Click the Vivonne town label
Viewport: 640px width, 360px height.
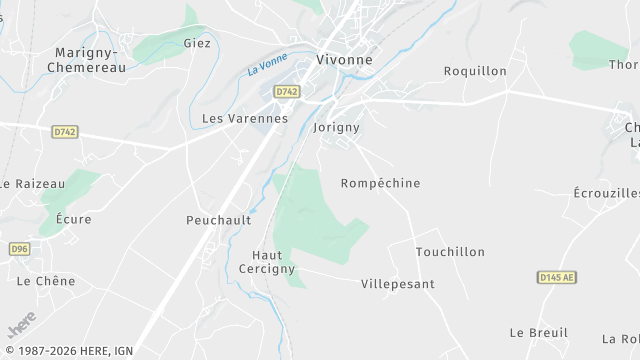344,59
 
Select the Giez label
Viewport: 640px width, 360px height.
197,43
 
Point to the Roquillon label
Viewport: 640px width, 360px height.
475,71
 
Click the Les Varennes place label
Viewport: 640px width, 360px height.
245,118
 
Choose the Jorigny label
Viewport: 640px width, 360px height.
336,128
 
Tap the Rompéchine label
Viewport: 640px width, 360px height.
380,183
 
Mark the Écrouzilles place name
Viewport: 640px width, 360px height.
607,193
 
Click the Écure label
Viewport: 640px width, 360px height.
74,219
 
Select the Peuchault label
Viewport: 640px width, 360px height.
218,219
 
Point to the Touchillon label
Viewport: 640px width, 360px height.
450,252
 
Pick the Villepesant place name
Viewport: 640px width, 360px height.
398,284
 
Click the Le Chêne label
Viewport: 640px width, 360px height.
46,281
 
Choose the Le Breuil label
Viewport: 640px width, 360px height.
538,332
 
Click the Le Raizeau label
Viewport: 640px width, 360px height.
32,183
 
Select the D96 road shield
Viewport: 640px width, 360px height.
19,248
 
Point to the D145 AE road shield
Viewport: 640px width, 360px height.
557,277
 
